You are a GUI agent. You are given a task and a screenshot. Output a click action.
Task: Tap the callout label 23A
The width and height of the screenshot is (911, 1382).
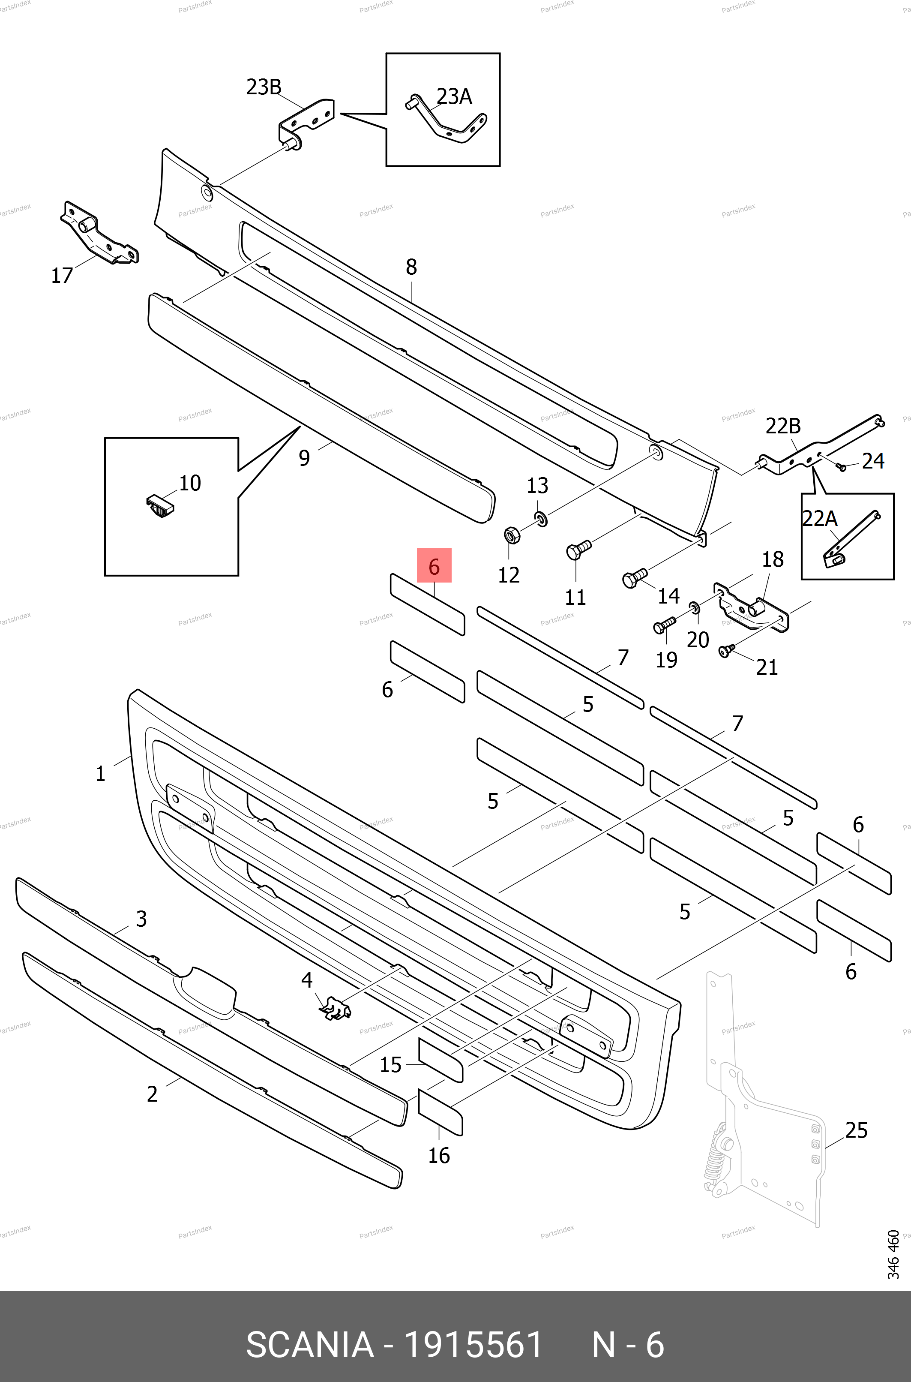tap(454, 96)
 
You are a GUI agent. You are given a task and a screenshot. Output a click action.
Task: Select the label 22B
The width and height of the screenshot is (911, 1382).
tap(782, 426)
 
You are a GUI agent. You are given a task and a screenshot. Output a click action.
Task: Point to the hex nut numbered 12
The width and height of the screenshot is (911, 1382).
tap(511, 534)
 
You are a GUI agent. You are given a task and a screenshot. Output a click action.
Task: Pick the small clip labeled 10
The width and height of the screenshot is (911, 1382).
tap(160, 506)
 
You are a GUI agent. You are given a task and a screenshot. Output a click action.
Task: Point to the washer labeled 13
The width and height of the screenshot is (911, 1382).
tap(541, 518)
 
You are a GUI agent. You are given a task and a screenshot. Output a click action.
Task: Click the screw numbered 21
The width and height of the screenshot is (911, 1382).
tap(725, 650)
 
